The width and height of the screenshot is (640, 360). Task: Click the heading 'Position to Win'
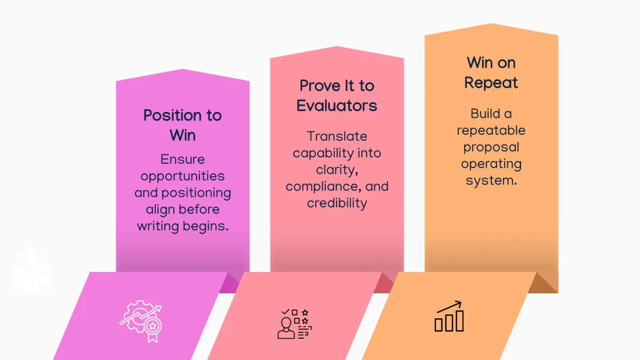[x=182, y=125]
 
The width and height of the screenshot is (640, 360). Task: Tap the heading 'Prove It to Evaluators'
[x=337, y=95]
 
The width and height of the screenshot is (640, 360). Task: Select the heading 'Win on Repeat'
[x=491, y=73]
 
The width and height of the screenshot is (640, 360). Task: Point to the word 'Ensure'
[x=182, y=159]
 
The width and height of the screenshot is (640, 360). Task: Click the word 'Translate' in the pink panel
[x=337, y=137]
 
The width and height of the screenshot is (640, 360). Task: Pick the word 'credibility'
[x=337, y=204]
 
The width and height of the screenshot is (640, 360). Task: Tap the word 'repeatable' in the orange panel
[x=491, y=131]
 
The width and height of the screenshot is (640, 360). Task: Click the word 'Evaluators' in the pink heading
[x=337, y=106]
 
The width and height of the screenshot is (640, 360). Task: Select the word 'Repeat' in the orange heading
[x=491, y=83]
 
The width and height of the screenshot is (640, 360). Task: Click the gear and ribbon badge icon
[x=141, y=321]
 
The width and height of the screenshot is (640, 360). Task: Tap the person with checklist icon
[x=294, y=324]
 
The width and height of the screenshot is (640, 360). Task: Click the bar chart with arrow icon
[x=449, y=316]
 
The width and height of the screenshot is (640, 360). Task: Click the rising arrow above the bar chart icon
[x=449, y=307]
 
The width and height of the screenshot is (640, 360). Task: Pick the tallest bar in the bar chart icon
[x=460, y=321]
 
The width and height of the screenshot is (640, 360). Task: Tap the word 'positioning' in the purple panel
[x=196, y=193]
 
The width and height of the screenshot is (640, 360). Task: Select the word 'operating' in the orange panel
[x=491, y=164]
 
